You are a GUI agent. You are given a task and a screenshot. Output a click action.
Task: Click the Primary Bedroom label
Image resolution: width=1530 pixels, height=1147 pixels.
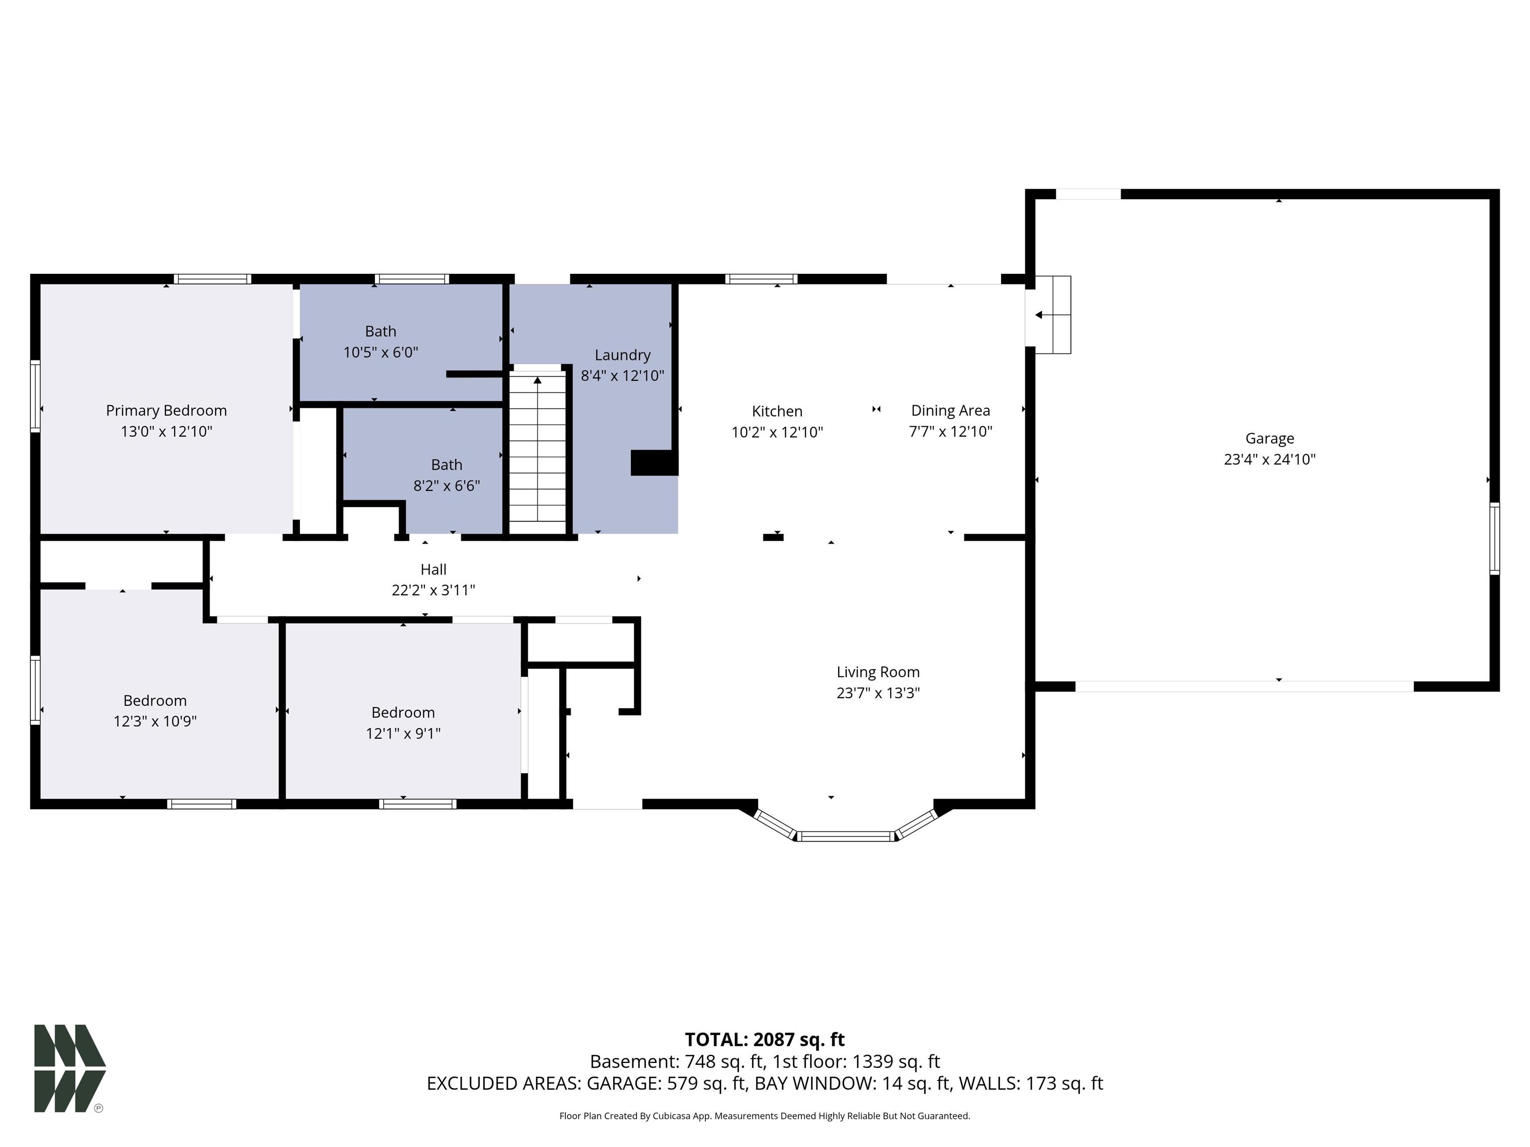click(166, 410)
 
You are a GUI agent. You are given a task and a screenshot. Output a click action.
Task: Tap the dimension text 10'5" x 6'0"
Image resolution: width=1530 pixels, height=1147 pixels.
click(381, 352)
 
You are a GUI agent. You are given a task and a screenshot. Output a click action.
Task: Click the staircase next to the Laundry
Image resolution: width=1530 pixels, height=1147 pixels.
click(537, 450)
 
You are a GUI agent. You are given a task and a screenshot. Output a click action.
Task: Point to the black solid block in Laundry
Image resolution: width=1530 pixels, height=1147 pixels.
click(653, 462)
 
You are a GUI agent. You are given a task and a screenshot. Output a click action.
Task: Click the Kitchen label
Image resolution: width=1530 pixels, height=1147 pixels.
click(777, 411)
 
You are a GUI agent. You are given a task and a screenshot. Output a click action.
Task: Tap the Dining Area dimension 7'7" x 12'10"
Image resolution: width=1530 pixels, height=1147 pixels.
click(950, 432)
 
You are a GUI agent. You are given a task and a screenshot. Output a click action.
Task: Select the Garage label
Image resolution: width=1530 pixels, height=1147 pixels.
click(1269, 438)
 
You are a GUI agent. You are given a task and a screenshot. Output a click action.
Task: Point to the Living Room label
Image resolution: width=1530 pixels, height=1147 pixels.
click(878, 672)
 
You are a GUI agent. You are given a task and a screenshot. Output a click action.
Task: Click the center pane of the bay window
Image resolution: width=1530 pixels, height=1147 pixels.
click(845, 836)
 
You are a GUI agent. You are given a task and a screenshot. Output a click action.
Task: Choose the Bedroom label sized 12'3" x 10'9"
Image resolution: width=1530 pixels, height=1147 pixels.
click(155, 700)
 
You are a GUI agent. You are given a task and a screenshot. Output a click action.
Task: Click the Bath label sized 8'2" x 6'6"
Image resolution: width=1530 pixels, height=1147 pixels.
click(446, 464)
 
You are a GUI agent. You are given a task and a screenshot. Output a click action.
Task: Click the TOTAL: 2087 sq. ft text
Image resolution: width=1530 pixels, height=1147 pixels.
click(765, 1039)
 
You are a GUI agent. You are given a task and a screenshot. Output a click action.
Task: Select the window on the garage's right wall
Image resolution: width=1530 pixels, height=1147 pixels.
click(1494, 539)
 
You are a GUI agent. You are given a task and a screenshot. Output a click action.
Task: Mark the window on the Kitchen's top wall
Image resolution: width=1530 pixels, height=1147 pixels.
click(761, 279)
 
